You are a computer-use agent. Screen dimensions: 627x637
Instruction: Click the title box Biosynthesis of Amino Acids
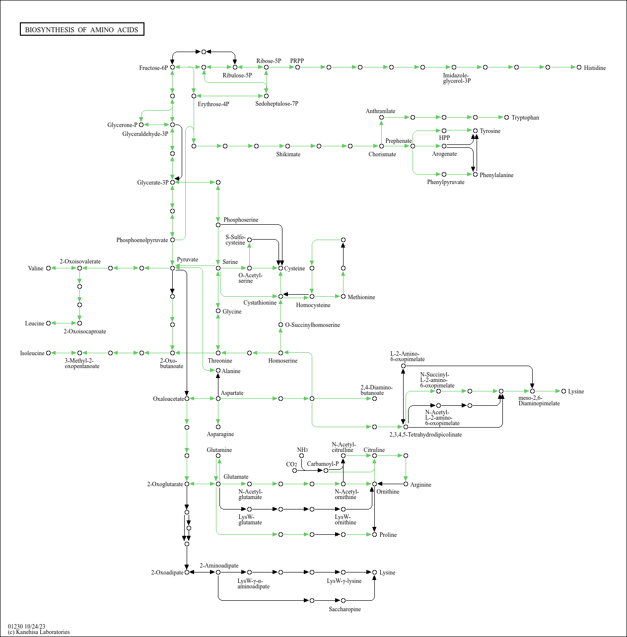coord(82,29)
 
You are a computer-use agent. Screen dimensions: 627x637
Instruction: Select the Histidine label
coord(595,68)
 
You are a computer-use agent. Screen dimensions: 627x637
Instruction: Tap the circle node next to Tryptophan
coord(506,118)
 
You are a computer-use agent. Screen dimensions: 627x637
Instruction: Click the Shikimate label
coord(288,154)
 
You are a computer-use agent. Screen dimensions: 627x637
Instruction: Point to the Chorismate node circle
coord(381,146)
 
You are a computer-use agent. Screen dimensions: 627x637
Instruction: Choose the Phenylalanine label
coord(496,175)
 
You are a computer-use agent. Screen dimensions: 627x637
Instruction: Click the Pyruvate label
coord(187,259)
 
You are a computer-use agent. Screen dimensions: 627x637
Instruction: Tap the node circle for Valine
coord(48,268)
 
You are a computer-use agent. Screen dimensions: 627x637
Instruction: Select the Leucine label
coord(34,323)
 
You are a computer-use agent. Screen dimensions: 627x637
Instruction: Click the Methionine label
coord(361,297)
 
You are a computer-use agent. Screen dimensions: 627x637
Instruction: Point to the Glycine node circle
coord(218,311)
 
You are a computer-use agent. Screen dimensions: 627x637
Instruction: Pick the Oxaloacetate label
coord(168,399)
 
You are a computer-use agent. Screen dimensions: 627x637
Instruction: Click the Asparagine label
coord(220,434)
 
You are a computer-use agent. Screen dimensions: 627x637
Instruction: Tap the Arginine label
coord(420,485)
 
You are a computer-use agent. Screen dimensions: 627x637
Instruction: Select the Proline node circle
coord(374,534)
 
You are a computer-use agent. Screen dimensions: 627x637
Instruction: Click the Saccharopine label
coord(345,609)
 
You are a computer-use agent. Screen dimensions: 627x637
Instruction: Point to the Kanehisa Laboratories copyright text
coord(39,632)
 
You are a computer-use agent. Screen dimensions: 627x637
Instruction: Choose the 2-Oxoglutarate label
coord(165,484)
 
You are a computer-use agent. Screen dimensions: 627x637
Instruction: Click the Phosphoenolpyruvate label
coord(142,240)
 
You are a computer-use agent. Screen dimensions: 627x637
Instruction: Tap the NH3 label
coord(302,450)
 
